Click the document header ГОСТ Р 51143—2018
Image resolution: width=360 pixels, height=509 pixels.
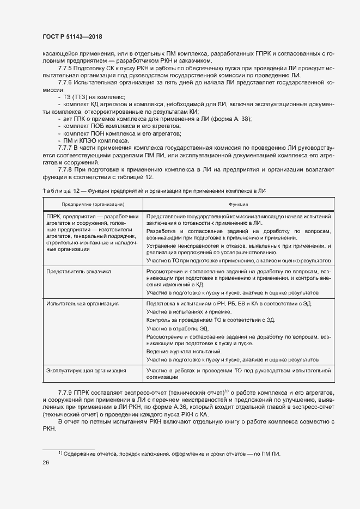click(72, 37)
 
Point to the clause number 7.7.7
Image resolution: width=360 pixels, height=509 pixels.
click(66, 148)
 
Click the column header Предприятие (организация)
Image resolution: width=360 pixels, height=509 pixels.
click(93, 204)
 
